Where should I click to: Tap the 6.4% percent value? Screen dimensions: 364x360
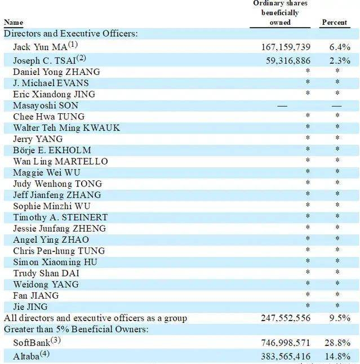[340, 47]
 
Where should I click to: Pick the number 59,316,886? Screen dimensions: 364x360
[288, 60]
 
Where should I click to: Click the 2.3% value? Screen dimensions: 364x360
[340, 60]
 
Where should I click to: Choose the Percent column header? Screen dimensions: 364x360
[334, 23]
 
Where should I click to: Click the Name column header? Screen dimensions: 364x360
[14, 23]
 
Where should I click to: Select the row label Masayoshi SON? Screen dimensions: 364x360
[46, 105]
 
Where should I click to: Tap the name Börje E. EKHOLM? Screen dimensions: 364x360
[52, 150]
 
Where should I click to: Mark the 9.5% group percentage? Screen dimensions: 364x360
[340, 318]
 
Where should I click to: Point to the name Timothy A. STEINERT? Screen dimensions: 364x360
[60, 217]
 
